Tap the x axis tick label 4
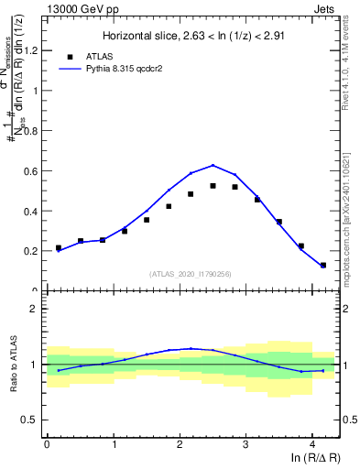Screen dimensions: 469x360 pyautogui.click(x=312, y=444)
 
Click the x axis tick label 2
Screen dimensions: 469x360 pyautogui.click(x=180, y=444)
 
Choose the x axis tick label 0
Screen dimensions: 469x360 pyautogui.click(x=48, y=444)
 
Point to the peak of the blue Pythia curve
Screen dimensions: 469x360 pyautogui.click(x=213, y=166)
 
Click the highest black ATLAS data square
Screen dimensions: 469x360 pyautogui.click(x=213, y=186)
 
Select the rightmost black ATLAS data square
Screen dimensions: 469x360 pyautogui.click(x=323, y=266)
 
